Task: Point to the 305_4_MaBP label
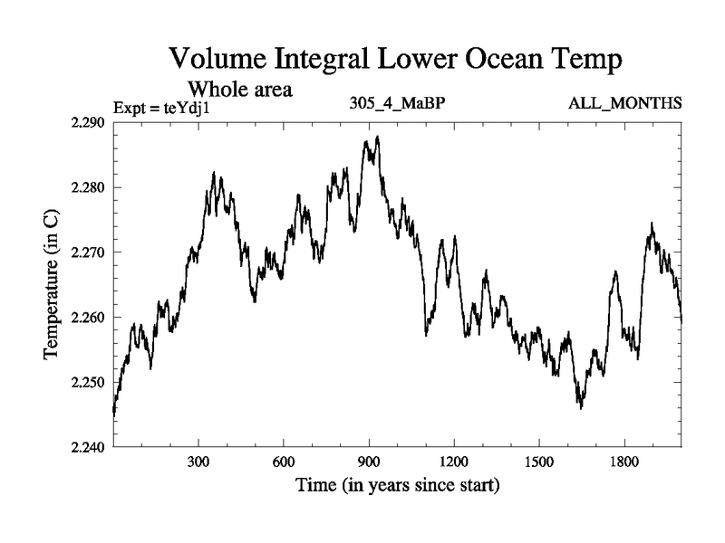396,103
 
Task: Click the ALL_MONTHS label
624,103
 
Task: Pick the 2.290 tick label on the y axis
89,123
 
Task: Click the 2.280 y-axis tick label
89,188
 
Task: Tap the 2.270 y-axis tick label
89,252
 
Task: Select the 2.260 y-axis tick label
89,318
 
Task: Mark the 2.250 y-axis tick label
89,382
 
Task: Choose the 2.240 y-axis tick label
89,447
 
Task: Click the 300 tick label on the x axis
199,462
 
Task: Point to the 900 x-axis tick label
369,462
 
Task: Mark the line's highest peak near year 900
377,137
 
